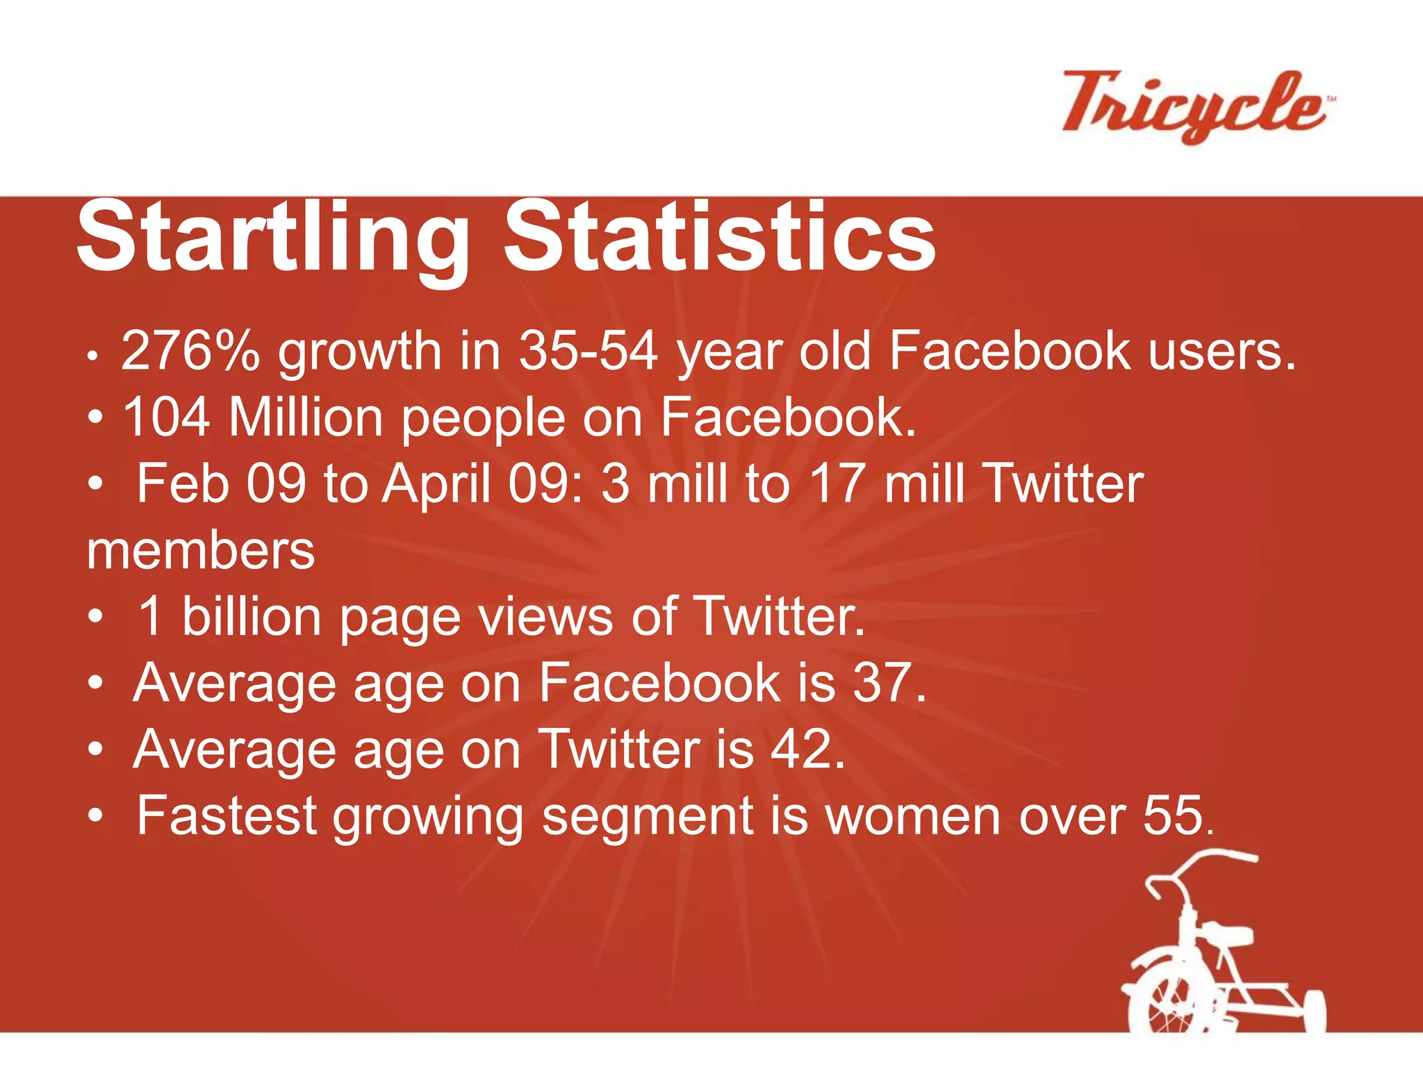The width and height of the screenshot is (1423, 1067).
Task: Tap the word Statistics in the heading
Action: click(x=719, y=238)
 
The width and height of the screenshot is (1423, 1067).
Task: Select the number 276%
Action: click(x=190, y=351)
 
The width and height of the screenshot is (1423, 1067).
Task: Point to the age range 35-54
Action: click(x=588, y=351)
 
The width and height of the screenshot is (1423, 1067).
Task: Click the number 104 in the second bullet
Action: click(x=166, y=417)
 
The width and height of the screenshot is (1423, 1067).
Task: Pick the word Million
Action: click(x=306, y=417)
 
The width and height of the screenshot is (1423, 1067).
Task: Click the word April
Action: click(x=437, y=483)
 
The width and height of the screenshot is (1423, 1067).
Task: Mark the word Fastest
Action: click(x=227, y=816)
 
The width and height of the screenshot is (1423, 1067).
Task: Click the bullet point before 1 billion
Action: click(x=96, y=616)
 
